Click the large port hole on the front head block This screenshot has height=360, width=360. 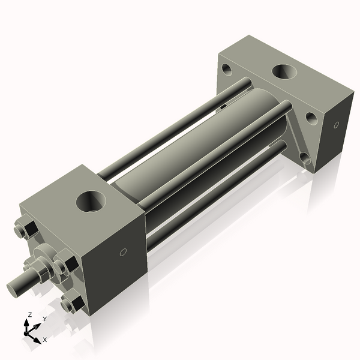click(92, 200)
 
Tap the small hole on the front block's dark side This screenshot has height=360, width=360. click(123, 252)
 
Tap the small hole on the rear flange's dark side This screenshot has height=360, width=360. click(335, 125)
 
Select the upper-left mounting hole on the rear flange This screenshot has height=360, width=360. click(227, 69)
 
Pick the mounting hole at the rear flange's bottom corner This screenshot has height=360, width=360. click(305, 158)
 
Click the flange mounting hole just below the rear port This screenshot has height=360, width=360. click(311, 117)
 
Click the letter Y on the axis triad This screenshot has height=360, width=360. click(45, 319)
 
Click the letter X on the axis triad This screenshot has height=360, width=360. click(44, 340)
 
